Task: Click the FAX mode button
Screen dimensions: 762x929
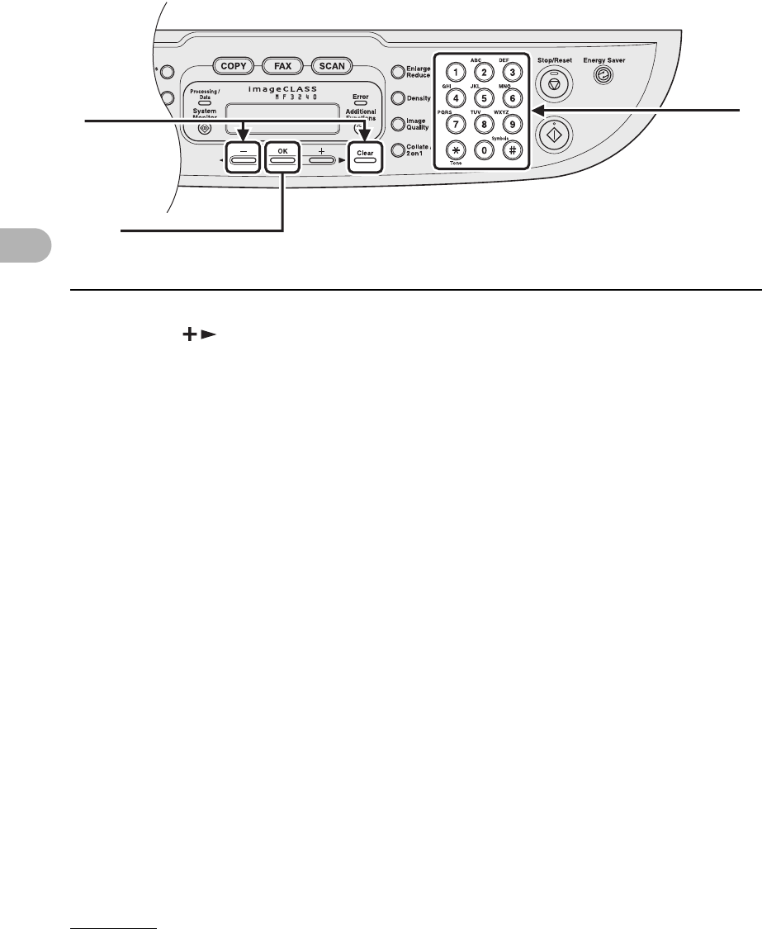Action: pyautogui.click(x=285, y=65)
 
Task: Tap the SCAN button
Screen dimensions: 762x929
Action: pyautogui.click(x=333, y=65)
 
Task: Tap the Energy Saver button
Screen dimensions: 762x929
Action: pyautogui.click(x=608, y=74)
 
